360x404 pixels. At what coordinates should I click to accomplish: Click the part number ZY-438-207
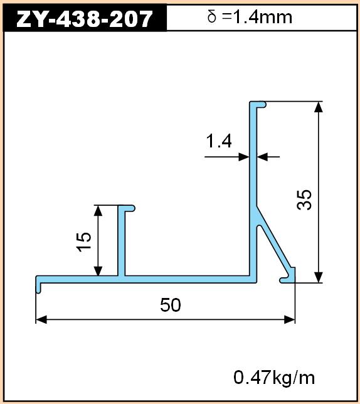click(84, 19)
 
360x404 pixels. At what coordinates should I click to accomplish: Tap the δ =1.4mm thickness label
click(250, 18)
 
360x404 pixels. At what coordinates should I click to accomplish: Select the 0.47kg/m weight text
click(273, 378)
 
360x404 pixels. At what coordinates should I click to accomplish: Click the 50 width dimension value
click(171, 305)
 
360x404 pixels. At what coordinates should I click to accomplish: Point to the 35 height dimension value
click(304, 199)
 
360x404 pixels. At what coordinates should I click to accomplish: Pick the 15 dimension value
click(84, 242)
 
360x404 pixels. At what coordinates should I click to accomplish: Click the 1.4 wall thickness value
click(219, 141)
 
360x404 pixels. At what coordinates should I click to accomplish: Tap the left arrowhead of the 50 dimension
click(41, 320)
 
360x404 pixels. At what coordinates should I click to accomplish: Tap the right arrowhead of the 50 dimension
click(289, 320)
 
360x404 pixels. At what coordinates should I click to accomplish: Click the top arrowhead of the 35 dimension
click(319, 107)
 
